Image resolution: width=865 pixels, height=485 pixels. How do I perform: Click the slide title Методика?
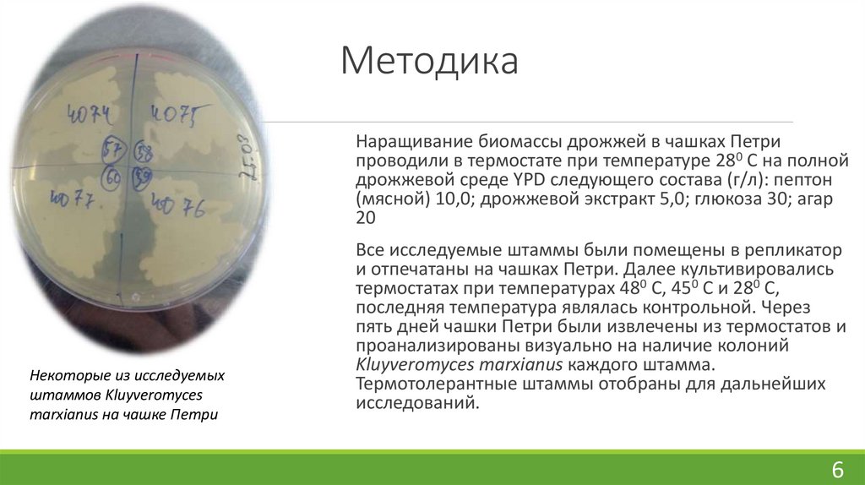(429, 63)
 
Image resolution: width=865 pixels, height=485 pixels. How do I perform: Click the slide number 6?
(838, 470)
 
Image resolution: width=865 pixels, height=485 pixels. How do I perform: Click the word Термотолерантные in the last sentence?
(427, 384)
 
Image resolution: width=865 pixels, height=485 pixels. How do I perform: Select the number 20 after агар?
(365, 218)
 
